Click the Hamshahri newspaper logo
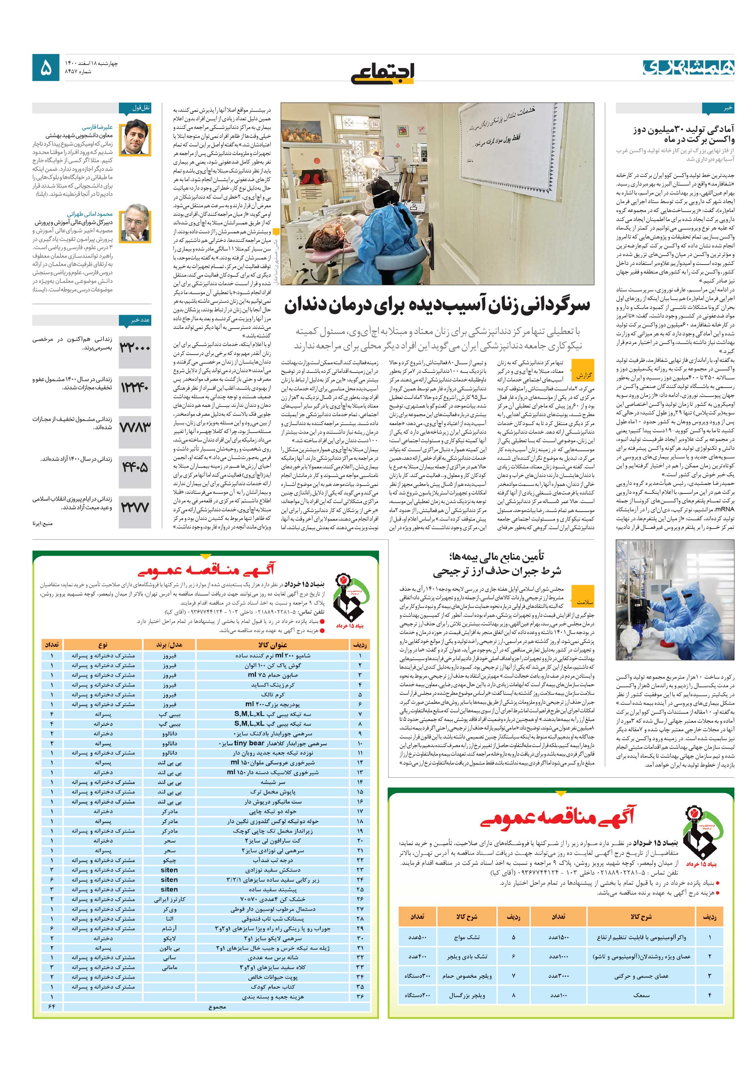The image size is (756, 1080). point(688,67)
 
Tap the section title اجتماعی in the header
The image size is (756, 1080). point(382,73)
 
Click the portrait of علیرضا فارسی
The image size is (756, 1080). point(135,139)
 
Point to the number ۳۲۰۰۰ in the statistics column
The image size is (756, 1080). point(135,348)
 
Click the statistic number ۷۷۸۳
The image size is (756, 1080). point(135,427)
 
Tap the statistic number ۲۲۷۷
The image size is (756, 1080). point(135,507)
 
